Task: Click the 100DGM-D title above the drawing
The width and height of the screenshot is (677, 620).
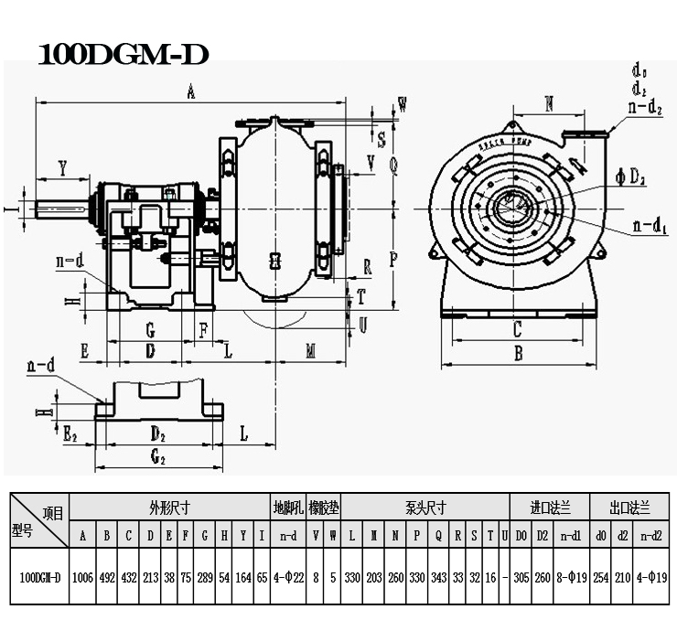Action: click(124, 54)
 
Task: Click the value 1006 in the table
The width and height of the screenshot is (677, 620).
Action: click(82, 578)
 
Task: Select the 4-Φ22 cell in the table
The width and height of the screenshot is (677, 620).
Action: click(287, 578)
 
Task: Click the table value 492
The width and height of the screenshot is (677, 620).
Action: click(107, 578)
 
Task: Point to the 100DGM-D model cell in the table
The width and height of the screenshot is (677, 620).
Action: click(39, 578)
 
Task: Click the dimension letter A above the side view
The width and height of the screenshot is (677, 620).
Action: click(190, 91)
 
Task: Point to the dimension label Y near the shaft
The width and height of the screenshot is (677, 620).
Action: click(62, 168)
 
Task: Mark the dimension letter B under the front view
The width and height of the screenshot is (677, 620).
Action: click(518, 353)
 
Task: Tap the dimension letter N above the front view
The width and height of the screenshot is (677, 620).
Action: click(549, 103)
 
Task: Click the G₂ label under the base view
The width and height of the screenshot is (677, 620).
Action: click(157, 454)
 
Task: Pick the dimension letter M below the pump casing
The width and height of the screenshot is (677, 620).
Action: click(311, 351)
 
